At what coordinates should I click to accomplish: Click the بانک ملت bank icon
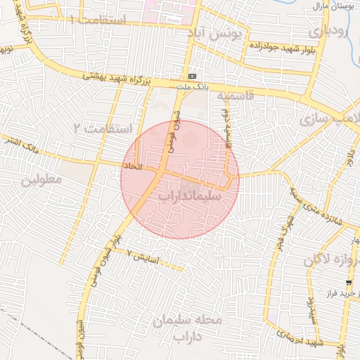pyautogui.click(x=193, y=77)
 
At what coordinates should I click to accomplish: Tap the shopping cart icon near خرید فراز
pyautogui.click(x=349, y=282)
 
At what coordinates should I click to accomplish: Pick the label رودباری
pyautogui.click(x=328, y=31)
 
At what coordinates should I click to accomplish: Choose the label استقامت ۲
pyautogui.click(x=103, y=128)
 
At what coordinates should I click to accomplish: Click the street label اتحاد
pyautogui.click(x=132, y=167)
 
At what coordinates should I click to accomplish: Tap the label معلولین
pyautogui.click(x=41, y=179)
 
